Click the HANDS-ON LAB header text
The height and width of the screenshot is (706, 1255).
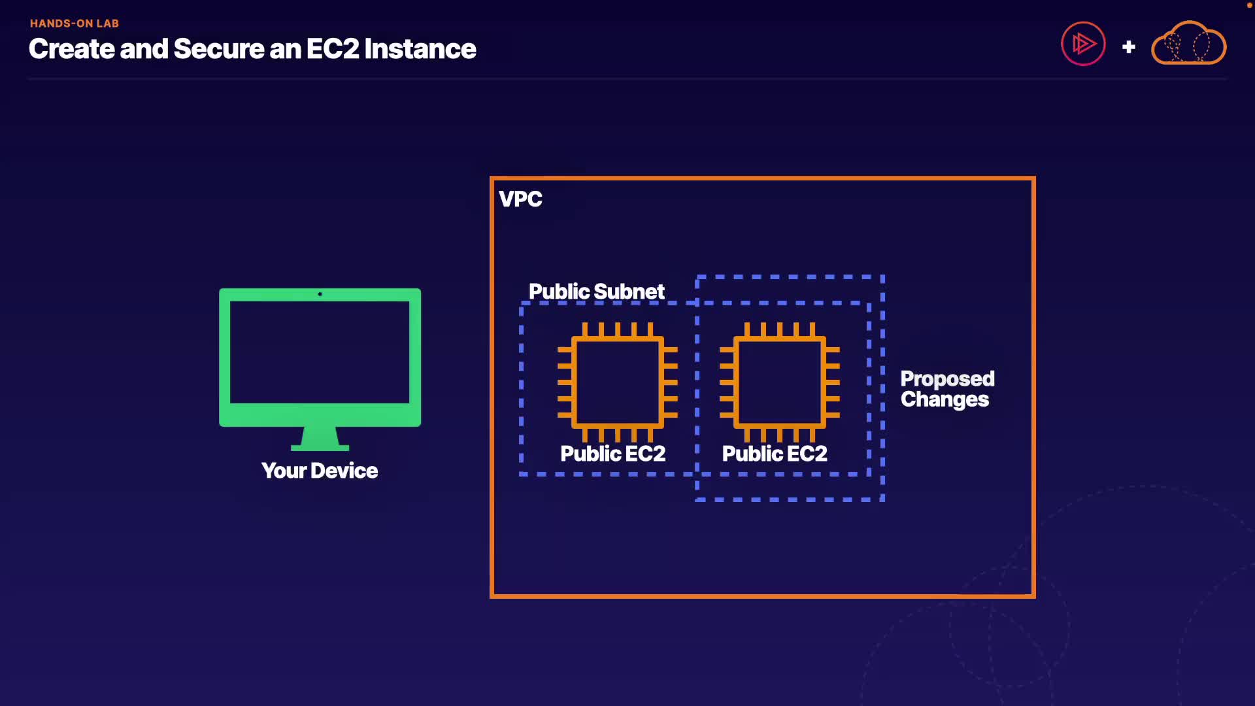(x=75, y=24)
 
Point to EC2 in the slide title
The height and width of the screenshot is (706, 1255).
(x=332, y=49)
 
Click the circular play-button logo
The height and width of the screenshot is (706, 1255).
(x=1083, y=44)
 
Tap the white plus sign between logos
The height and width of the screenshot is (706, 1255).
(x=1128, y=47)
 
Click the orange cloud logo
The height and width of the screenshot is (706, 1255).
(x=1188, y=44)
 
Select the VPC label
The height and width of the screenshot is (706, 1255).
(x=520, y=199)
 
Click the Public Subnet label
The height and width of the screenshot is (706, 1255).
(x=596, y=292)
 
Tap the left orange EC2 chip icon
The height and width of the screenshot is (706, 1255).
(x=617, y=382)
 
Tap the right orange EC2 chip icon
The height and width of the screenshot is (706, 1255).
(x=779, y=382)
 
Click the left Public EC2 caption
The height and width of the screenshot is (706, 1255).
(x=612, y=454)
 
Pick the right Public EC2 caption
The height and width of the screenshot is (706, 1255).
(x=775, y=454)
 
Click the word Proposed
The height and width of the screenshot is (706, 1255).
(x=947, y=378)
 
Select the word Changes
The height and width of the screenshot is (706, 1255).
(x=945, y=399)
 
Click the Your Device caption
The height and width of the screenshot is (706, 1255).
(x=320, y=471)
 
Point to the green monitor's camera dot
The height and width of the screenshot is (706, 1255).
(x=320, y=294)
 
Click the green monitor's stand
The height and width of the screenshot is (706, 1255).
(x=320, y=439)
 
